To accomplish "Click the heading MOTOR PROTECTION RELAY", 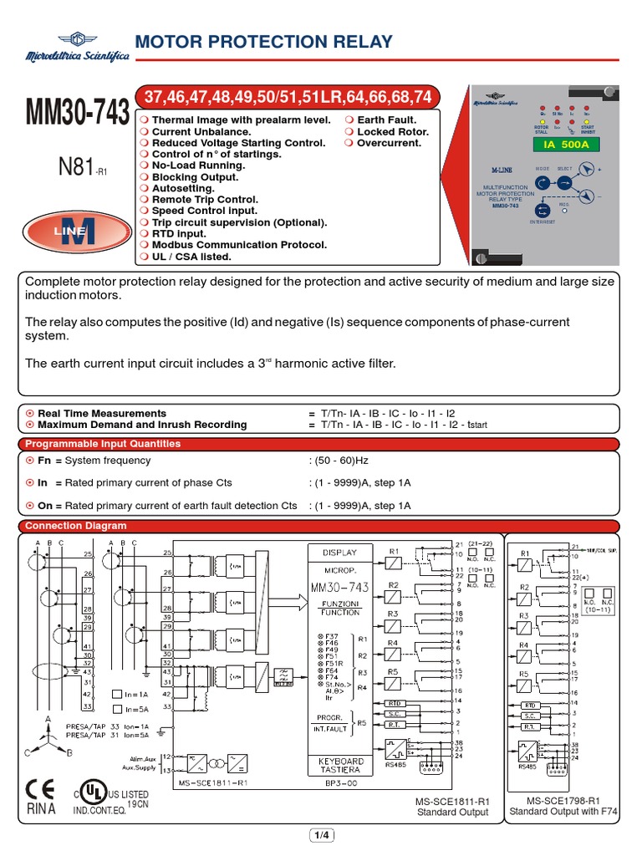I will click(262, 42).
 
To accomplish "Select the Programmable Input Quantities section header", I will click(103, 444).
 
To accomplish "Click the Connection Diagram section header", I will click(76, 526).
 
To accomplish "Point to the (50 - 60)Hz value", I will click(339, 461).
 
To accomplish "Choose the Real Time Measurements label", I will click(96, 413).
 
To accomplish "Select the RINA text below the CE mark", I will click(40, 810).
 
